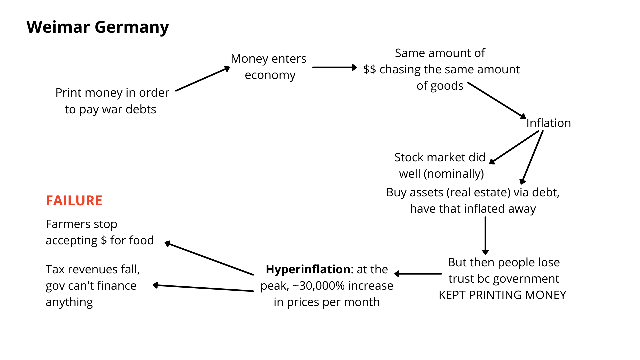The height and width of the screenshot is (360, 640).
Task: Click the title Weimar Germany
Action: pos(98,27)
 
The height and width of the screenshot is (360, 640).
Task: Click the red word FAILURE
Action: pos(74,201)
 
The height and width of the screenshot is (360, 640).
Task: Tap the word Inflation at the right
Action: pos(548,123)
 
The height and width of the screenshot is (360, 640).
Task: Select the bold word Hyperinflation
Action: pos(308,269)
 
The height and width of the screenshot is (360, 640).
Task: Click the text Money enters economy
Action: pos(269,67)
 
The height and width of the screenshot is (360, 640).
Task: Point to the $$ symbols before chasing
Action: pos(369,69)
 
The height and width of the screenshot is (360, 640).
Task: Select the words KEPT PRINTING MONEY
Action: pos(502,295)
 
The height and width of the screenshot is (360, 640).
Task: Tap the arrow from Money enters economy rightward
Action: pos(334,67)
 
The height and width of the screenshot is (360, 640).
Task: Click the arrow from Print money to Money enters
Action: pos(202,79)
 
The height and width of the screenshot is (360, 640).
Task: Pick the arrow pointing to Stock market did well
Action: pos(514,147)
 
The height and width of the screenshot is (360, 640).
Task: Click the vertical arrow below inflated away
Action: pos(485,235)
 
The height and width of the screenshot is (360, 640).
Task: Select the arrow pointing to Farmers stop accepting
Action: pos(209,259)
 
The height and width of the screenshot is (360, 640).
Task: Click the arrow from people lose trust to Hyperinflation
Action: pos(418,274)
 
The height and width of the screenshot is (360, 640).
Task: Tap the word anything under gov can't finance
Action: pos(69,302)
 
